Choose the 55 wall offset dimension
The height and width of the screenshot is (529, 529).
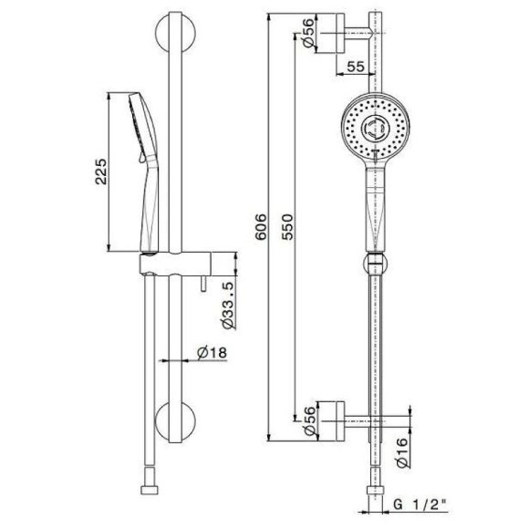click(x=356, y=67)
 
